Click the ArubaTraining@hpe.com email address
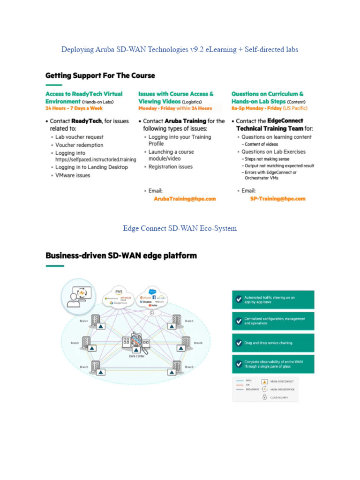click(185, 199)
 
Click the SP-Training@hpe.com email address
click(277, 199)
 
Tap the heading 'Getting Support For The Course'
click(100, 75)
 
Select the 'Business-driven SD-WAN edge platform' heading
click(121, 256)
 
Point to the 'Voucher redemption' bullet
click(79, 145)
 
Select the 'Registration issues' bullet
click(171, 167)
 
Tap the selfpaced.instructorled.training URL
click(96, 159)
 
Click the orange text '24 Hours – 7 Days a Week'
click(74, 108)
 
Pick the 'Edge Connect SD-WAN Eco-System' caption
click(180, 228)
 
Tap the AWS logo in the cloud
click(119, 291)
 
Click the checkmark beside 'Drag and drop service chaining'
click(239, 343)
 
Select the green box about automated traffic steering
click(273, 299)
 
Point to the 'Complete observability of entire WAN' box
click(273, 364)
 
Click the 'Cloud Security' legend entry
click(276, 397)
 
